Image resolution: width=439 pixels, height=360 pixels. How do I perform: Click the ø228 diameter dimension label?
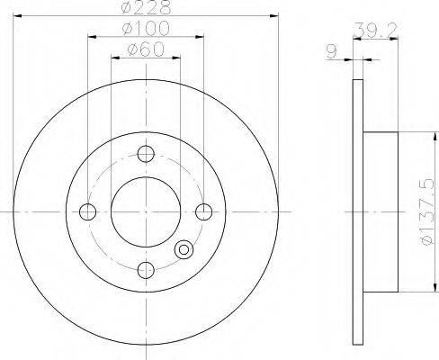pyautogui.click(x=147, y=7)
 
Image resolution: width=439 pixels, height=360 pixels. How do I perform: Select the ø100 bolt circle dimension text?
pyautogui.click(x=146, y=29)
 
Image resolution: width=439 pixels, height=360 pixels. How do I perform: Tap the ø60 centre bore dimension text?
pyautogui.click(x=146, y=49)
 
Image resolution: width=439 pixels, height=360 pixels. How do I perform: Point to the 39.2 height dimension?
pyautogui.click(x=375, y=30)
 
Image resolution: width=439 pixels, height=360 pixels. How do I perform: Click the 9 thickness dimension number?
pyautogui.click(x=331, y=52)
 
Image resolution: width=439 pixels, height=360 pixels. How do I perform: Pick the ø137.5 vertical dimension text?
pyautogui.click(x=426, y=211)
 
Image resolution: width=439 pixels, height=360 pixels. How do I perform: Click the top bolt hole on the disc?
pyautogui.click(x=146, y=154)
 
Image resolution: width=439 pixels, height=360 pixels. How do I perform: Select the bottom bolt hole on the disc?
pyautogui.click(x=146, y=270)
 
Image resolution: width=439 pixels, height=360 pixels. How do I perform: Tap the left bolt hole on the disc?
pyautogui.click(x=87, y=211)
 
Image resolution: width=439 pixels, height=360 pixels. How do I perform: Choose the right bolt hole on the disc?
pyautogui.click(x=204, y=211)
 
